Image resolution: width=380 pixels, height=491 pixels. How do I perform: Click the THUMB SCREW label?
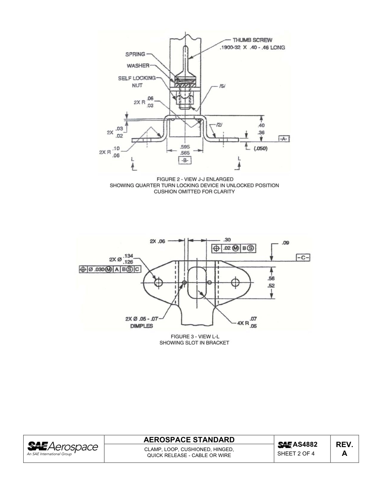(x=252, y=40)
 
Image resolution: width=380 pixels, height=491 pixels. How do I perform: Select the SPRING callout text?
(x=135, y=54)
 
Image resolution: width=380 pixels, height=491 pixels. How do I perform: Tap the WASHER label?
(x=138, y=65)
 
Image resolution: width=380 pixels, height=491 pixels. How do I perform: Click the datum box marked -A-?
(x=284, y=139)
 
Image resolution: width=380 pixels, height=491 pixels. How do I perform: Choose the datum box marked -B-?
(x=185, y=160)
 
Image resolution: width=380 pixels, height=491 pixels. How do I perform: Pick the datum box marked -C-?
(x=304, y=258)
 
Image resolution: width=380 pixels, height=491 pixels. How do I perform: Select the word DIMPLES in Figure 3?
(x=142, y=326)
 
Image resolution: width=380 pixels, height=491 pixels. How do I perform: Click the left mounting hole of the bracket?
(x=158, y=283)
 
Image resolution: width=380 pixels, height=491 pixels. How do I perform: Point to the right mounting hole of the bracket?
(x=235, y=283)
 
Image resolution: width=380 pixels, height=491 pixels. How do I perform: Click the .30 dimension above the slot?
(x=227, y=240)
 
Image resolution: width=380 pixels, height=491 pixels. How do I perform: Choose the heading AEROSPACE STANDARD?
(x=189, y=440)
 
